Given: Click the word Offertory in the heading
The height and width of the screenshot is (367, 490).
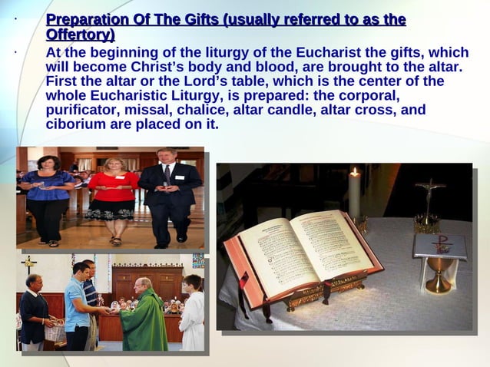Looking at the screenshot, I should (80, 35).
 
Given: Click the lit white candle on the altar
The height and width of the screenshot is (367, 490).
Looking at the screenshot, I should (355, 195).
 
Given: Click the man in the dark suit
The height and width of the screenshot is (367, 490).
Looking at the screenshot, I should (168, 196).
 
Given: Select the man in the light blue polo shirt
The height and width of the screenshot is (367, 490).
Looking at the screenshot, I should (76, 307).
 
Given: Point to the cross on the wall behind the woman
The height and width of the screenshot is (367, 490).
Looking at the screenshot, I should (28, 266).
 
